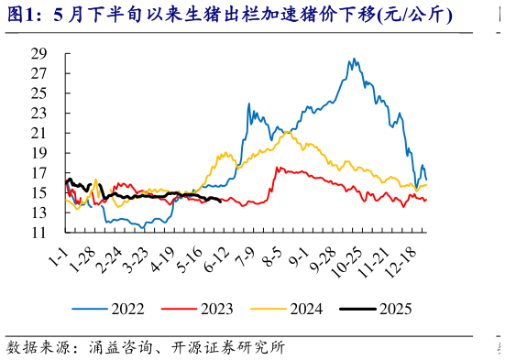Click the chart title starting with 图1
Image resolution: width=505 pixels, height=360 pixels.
229,16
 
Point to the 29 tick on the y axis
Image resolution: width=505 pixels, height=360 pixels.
38,52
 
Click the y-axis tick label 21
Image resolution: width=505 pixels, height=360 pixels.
38,133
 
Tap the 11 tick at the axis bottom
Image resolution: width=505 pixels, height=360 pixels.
38,234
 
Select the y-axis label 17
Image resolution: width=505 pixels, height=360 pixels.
38,173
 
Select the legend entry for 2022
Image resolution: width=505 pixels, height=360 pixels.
116,309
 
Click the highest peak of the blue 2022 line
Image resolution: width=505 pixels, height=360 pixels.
354,60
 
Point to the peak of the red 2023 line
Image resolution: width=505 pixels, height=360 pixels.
278,167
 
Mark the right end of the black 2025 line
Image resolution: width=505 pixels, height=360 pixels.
222,202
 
